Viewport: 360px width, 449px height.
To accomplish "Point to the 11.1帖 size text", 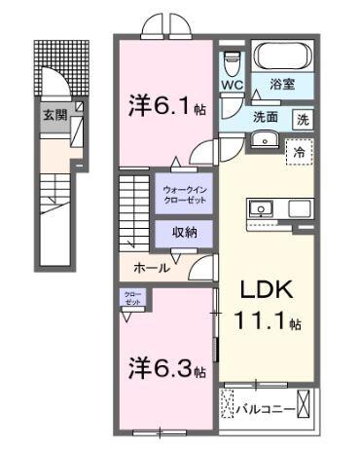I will click(264, 320).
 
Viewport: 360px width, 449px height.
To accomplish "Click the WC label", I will click(231, 86).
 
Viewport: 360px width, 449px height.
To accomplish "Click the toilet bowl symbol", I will click(231, 64).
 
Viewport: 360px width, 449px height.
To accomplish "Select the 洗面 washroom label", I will click(266, 117).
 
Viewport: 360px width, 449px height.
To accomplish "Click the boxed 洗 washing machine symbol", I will click(304, 119).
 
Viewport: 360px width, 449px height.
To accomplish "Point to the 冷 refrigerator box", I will click(300, 151).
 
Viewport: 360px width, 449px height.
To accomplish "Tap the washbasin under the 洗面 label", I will click(262, 141).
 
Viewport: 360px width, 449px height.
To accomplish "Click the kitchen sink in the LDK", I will click(262, 207).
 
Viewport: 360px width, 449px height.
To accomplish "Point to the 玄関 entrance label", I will click(53, 114).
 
